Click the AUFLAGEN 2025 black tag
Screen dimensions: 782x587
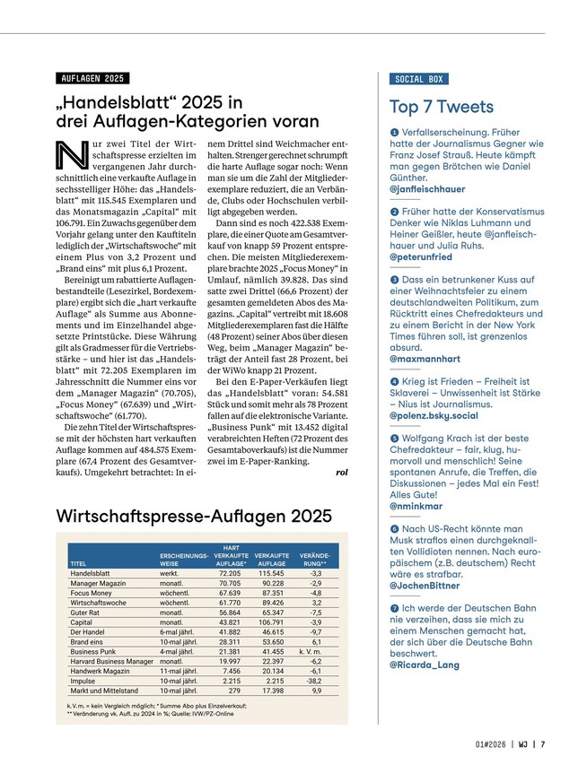tap(92, 79)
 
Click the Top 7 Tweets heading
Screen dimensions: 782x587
tap(442, 108)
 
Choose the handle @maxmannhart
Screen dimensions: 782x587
tap(425, 358)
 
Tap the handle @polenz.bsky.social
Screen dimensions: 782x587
tap(434, 416)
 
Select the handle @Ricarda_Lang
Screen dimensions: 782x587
tap(425, 665)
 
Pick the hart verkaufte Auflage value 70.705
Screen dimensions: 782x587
tap(229, 584)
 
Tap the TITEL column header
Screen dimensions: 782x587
tap(79, 563)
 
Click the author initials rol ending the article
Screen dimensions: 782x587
tap(341, 472)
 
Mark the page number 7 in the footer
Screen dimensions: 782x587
tap(544, 743)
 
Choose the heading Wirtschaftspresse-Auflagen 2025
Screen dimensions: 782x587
tap(194, 517)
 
